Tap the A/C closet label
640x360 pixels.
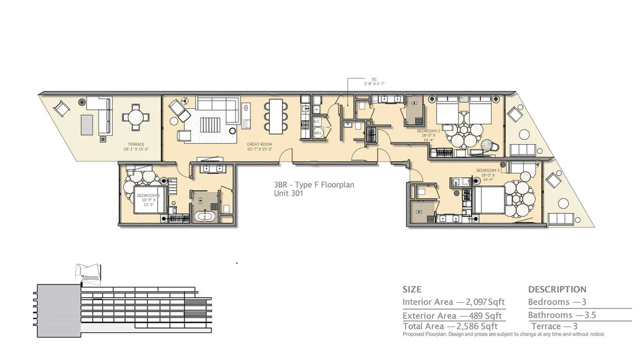317,122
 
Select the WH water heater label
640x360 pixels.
317,132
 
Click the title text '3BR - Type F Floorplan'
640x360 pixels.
314,185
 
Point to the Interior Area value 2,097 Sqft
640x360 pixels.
485,302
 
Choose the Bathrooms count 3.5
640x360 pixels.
586,315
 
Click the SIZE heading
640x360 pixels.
412,289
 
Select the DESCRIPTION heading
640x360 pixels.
557,289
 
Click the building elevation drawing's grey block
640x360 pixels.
58,310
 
